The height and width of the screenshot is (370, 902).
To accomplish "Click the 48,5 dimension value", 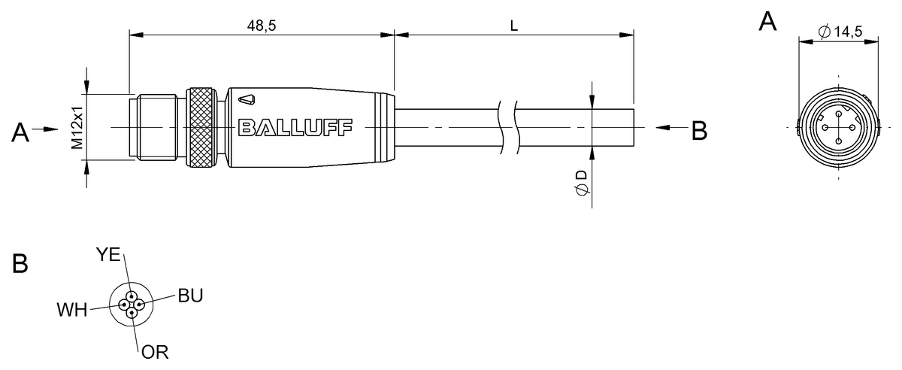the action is (x=262, y=26).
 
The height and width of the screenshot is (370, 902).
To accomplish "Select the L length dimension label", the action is (x=513, y=26).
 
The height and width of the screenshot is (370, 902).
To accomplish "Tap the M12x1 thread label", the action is (x=77, y=128).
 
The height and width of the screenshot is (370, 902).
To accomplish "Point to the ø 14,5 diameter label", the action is (x=840, y=31).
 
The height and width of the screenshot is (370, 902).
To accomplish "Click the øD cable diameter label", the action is (x=582, y=183).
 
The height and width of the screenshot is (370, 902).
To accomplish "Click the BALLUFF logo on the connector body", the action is (x=295, y=127).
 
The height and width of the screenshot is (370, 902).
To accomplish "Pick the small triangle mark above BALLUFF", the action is (x=247, y=100).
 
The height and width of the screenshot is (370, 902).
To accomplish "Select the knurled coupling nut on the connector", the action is (x=200, y=127).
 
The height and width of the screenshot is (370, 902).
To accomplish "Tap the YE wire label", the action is (x=108, y=254).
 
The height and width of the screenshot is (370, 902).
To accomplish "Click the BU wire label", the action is (x=190, y=296).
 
